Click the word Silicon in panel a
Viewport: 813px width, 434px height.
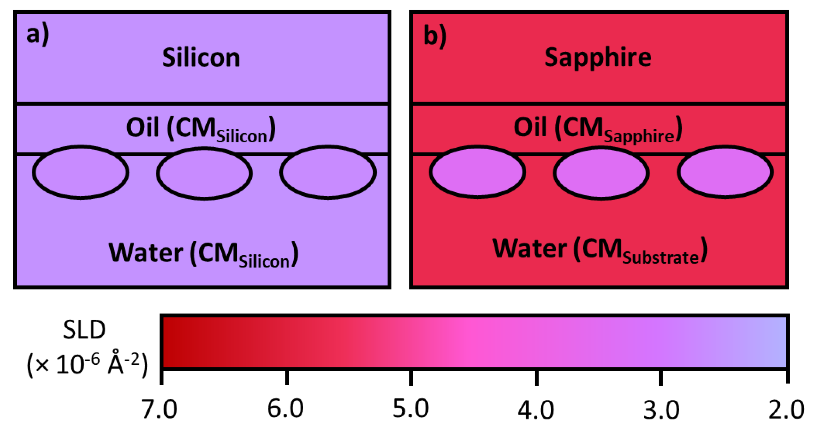pyautogui.click(x=201, y=58)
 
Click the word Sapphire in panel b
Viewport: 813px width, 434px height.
pyautogui.click(x=598, y=58)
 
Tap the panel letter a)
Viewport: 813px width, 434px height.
pyautogui.click(x=38, y=35)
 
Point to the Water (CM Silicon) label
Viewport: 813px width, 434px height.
pyautogui.click(x=203, y=254)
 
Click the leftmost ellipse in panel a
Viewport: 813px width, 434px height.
pyautogui.click(x=81, y=172)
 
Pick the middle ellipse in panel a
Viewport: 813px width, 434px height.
pyautogui.click(x=204, y=173)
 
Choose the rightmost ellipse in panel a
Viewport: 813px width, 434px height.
pyautogui.click(x=328, y=172)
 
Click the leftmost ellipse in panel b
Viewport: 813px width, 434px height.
pyautogui.click(x=477, y=172)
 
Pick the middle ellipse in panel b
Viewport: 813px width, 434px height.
pyautogui.click(x=601, y=173)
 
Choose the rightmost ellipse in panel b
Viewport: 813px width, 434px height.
pyautogui.click(x=725, y=172)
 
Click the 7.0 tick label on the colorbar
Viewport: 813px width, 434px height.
pyautogui.click(x=159, y=409)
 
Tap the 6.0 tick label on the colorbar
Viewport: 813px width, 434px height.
pyautogui.click(x=285, y=408)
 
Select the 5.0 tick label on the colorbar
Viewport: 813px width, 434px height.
pyautogui.click(x=411, y=408)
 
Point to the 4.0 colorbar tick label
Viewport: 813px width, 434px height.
pyautogui.click(x=536, y=410)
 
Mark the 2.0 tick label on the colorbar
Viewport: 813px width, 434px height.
pyautogui.click(x=786, y=410)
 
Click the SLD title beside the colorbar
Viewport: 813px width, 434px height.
pyautogui.click(x=84, y=330)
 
